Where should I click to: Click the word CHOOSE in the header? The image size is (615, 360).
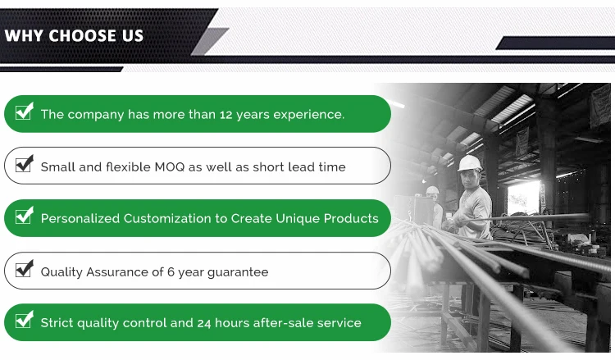pos(83,36)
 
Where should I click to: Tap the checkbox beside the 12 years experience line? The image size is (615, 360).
pos(25,112)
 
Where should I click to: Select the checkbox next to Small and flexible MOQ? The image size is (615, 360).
pos(25,163)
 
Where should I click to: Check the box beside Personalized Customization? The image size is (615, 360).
pos(25,216)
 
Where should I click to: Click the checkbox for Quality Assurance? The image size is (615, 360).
pos(25,269)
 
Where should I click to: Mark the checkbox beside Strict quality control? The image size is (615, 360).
pos(25,320)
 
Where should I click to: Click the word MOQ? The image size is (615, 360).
pos(170,167)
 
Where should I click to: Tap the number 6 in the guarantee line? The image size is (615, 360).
pos(171,271)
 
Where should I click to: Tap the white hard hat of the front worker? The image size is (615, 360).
pos(470,162)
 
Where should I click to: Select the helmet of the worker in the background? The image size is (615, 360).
pos(432,190)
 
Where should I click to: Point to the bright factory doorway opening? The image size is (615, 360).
pos(524,198)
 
